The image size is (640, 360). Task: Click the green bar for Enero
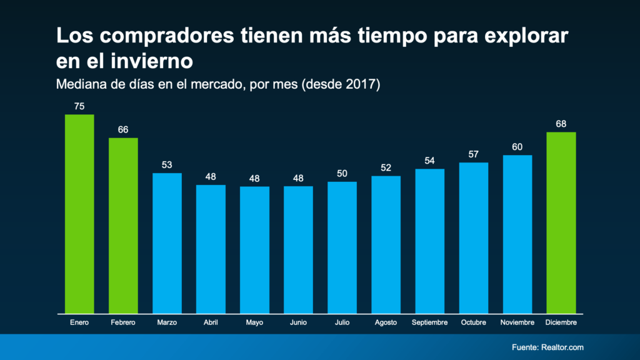click(x=79, y=214)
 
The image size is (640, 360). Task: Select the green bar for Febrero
click(x=123, y=226)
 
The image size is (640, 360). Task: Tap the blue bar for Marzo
click(x=167, y=243)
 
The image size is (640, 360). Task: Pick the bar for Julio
click(x=342, y=247)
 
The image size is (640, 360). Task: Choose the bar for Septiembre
click(x=429, y=241)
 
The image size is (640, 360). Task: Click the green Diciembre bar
click(x=561, y=222)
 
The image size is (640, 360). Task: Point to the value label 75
click(x=79, y=106)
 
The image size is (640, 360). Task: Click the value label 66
click(x=123, y=129)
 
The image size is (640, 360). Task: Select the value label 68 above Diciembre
click(x=561, y=124)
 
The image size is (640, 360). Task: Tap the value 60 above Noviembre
click(x=517, y=147)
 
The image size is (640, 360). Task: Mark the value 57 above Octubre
click(x=473, y=154)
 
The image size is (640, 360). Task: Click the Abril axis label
click(x=211, y=322)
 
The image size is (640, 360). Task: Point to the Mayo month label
click(x=254, y=322)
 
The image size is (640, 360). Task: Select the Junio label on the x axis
click(x=298, y=322)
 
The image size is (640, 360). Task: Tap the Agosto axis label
click(x=386, y=322)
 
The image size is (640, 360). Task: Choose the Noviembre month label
click(x=517, y=322)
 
